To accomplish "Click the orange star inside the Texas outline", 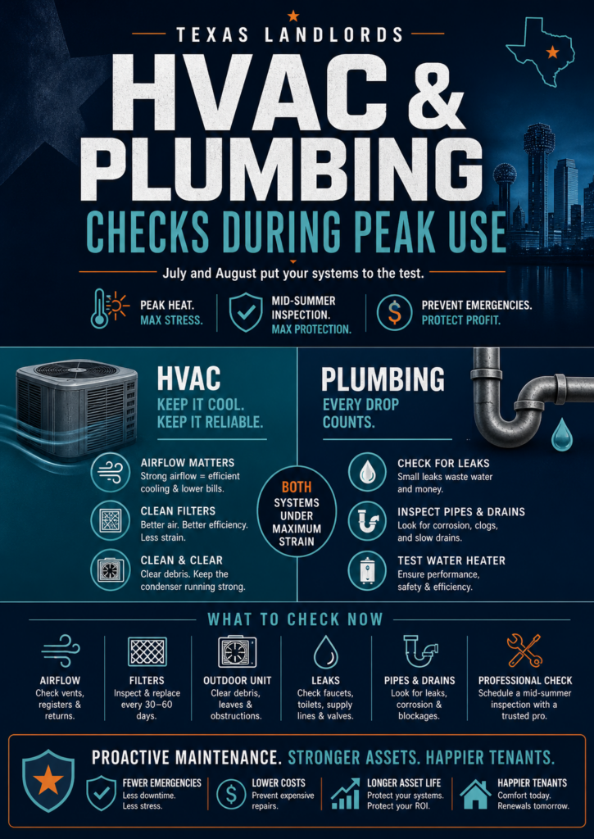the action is click(552, 52).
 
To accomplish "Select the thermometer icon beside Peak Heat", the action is click(99, 308).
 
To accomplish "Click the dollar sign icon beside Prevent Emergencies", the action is click(394, 313).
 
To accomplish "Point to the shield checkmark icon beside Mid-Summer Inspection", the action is click(246, 313).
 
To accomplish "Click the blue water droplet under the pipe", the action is click(561, 433).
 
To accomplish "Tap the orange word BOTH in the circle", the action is click(297, 487).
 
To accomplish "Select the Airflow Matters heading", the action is click(188, 463).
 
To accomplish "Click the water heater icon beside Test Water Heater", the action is click(367, 571).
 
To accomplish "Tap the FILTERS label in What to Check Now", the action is click(147, 681).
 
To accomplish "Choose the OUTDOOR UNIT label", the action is click(237, 681).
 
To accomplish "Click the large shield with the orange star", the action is click(48, 781).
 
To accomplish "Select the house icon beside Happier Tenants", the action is click(475, 793).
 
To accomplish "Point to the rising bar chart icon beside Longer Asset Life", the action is click(345, 793).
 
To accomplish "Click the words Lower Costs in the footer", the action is click(279, 782).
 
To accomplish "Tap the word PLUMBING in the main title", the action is click(282, 167).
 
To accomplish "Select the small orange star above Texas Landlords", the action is click(292, 16).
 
